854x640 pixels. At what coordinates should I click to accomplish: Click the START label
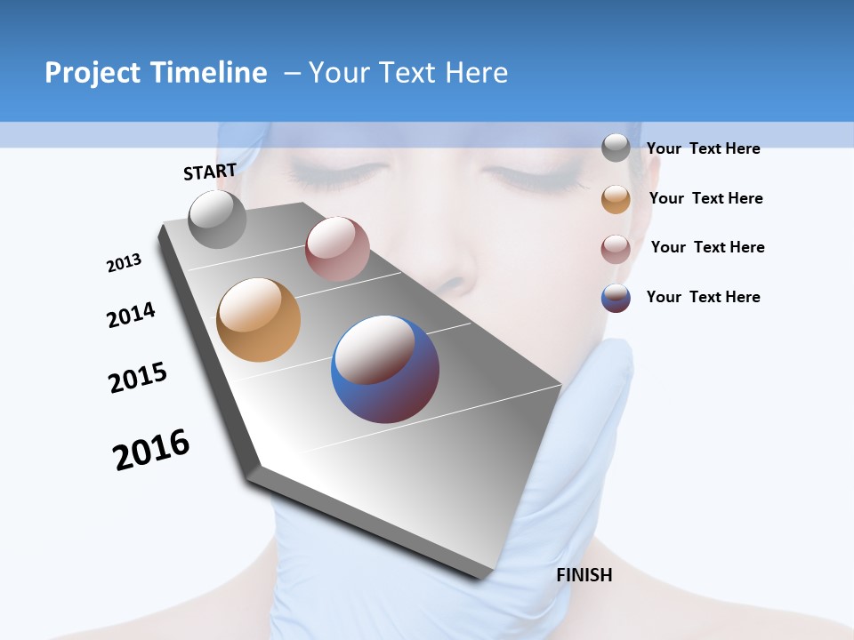[x=210, y=172]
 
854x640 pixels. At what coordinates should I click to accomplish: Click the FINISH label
[x=584, y=575]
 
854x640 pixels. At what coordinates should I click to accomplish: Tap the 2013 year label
[x=124, y=263]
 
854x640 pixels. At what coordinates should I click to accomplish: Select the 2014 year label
[x=131, y=315]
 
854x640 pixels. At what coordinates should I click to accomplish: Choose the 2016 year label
[x=151, y=450]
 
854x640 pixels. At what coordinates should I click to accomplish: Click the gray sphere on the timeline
[x=217, y=219]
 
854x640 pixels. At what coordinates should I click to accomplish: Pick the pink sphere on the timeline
[x=337, y=248]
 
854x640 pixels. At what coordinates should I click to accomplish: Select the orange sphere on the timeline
[x=258, y=320]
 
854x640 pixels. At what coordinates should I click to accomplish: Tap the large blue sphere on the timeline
[x=385, y=369]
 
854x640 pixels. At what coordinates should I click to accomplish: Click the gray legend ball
[x=616, y=148]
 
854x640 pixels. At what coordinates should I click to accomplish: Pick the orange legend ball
[x=616, y=198]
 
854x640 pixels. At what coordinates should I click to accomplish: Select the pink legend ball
[x=616, y=248]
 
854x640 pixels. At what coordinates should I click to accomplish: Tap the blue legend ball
[x=616, y=298]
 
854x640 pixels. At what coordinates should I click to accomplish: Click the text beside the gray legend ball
[x=703, y=148]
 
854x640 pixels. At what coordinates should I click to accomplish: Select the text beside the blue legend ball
[x=703, y=297]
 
